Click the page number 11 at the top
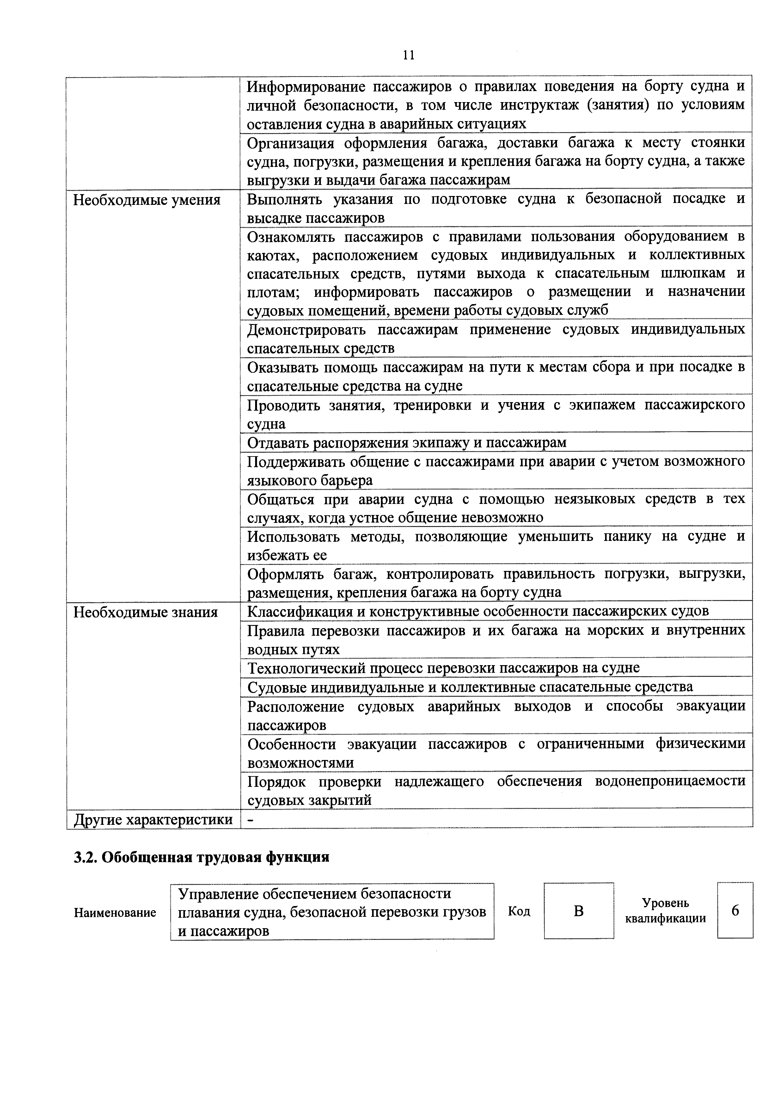point(408,55)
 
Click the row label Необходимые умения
point(146,200)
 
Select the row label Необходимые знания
point(145,612)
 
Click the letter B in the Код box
point(578,911)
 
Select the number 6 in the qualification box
point(735,910)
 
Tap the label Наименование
point(115,912)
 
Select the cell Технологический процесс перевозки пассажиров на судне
point(443,668)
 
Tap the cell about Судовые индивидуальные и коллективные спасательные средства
point(469,687)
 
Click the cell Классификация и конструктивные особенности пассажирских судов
point(477,611)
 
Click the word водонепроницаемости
point(671,781)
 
